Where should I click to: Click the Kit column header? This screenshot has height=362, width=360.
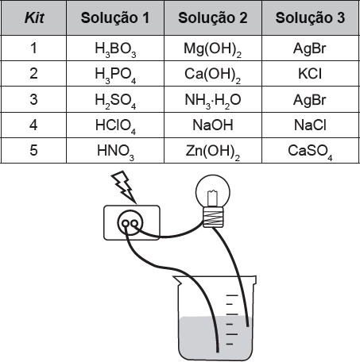34,17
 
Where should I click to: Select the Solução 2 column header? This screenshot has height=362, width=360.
213,17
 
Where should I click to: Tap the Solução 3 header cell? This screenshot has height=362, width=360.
311,17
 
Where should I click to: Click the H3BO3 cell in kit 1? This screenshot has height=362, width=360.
115,48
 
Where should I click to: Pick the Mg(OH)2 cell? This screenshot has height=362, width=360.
213,48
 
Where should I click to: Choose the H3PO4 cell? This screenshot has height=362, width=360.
115,74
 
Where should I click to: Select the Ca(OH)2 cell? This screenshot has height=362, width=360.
213,74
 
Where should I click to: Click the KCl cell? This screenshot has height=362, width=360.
311,74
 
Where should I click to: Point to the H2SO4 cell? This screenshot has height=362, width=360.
115,99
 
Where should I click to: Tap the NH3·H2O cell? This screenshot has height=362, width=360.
213,99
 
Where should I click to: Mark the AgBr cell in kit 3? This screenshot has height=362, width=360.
311,99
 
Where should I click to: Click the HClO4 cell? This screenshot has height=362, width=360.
115,125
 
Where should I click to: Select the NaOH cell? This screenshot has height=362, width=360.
213,125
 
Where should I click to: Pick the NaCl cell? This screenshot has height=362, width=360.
311,125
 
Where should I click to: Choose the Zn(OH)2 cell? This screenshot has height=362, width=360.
213,151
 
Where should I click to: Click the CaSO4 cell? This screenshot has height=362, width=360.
311,151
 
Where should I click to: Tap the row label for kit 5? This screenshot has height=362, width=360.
33,150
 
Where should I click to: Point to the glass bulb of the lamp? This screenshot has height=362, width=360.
213,191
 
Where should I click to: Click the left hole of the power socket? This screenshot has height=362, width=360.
126,224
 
